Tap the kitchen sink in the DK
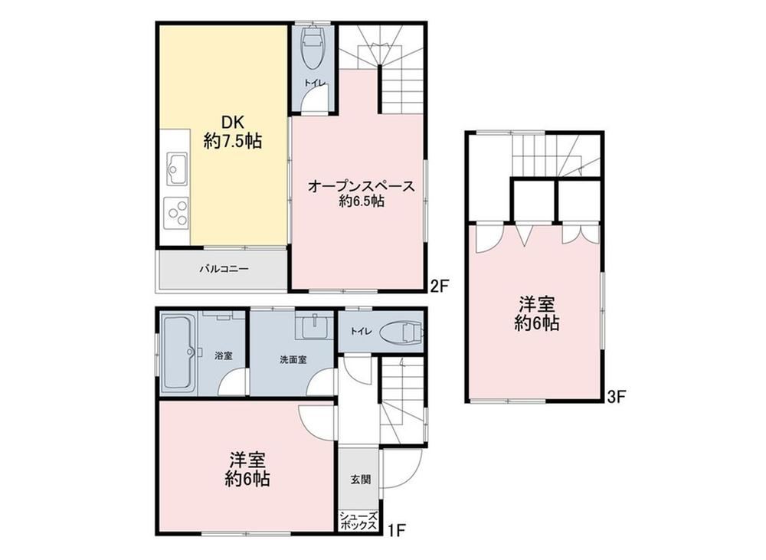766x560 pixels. [x=176, y=169]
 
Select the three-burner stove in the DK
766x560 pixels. [x=176, y=212]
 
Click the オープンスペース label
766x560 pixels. [x=361, y=186]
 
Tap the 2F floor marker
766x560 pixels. [x=439, y=285]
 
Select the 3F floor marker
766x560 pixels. [x=616, y=396]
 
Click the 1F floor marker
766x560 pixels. [x=398, y=529]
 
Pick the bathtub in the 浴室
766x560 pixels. [x=178, y=352]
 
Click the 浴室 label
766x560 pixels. [x=223, y=355]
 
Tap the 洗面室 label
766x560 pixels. [x=293, y=360]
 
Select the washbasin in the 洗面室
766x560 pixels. [x=315, y=326]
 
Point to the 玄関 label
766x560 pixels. [x=361, y=479]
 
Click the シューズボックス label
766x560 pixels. [x=358, y=521]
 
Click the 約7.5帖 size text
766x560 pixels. [x=233, y=141]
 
